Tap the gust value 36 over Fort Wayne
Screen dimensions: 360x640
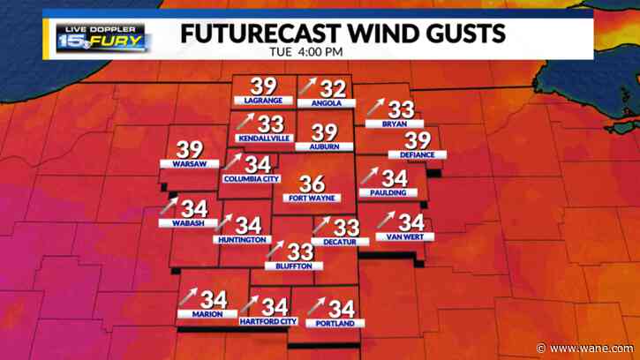312,184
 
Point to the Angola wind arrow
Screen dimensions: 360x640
307,86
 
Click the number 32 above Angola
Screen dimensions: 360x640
331,87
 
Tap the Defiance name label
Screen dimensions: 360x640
418,155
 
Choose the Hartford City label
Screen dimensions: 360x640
268,322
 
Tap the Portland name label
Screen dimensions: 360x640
335,324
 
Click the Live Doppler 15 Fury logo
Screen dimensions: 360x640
103,37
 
